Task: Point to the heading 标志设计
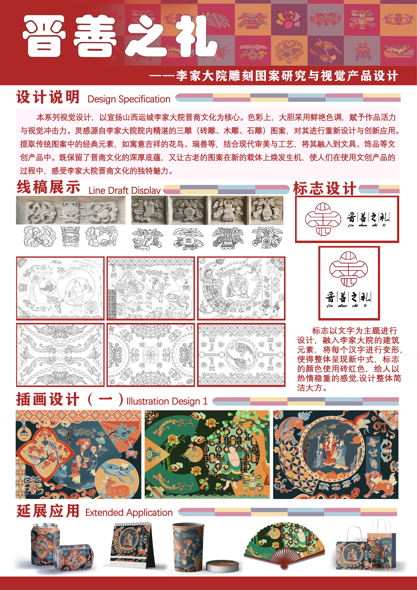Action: pos(325,188)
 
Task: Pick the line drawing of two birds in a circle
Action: pos(241,355)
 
